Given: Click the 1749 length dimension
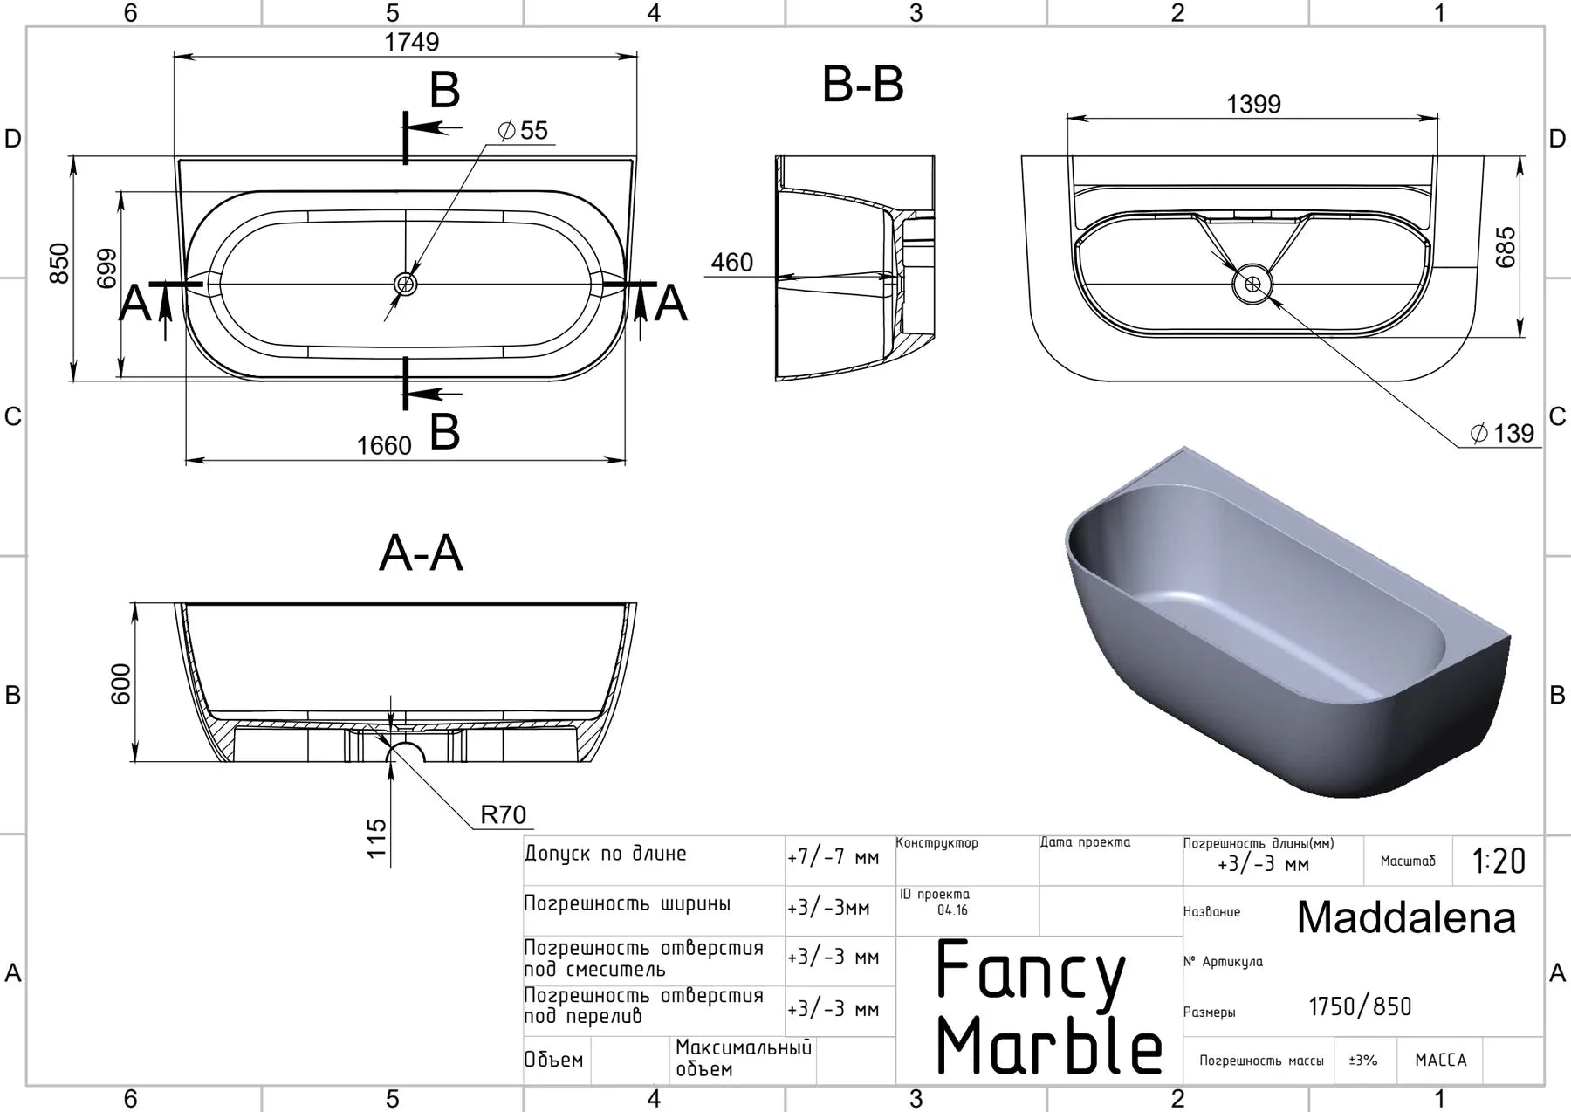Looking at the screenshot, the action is [x=411, y=42].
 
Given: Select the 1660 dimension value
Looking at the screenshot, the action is [x=383, y=446].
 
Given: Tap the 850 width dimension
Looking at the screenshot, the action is [x=58, y=263].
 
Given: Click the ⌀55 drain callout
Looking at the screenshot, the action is [x=523, y=131].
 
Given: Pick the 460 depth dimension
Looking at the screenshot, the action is [x=731, y=262].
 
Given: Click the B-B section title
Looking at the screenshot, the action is [x=863, y=85].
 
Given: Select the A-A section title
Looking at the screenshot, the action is [x=421, y=553].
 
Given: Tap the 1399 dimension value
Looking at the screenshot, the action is [x=1253, y=104].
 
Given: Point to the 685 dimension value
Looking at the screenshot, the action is [x=1506, y=247].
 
